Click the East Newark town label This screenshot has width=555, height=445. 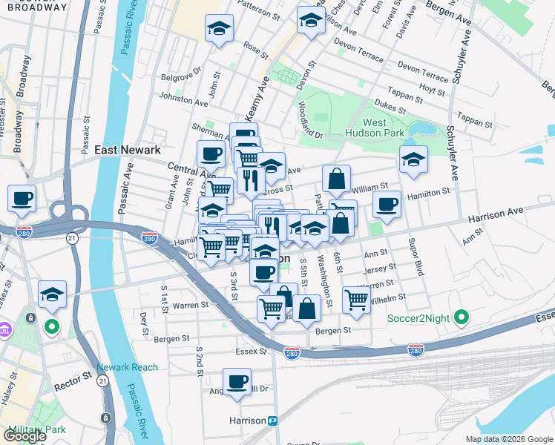(128, 150)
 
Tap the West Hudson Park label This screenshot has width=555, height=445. (384, 128)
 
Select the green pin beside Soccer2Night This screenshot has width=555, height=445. (462, 319)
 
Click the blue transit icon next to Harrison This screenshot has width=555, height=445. (272, 421)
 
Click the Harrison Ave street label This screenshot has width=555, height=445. (495, 215)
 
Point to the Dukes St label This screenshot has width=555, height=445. (390, 106)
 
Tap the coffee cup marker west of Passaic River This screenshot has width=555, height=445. (22, 198)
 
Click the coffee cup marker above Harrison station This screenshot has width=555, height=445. (237, 381)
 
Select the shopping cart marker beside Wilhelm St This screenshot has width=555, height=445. (357, 299)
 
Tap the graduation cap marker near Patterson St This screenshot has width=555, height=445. (218, 29)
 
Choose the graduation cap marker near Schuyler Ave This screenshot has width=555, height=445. (413, 158)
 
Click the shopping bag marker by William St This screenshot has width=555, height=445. (336, 179)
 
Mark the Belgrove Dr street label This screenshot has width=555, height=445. (182, 76)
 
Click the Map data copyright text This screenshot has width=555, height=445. (508, 439)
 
